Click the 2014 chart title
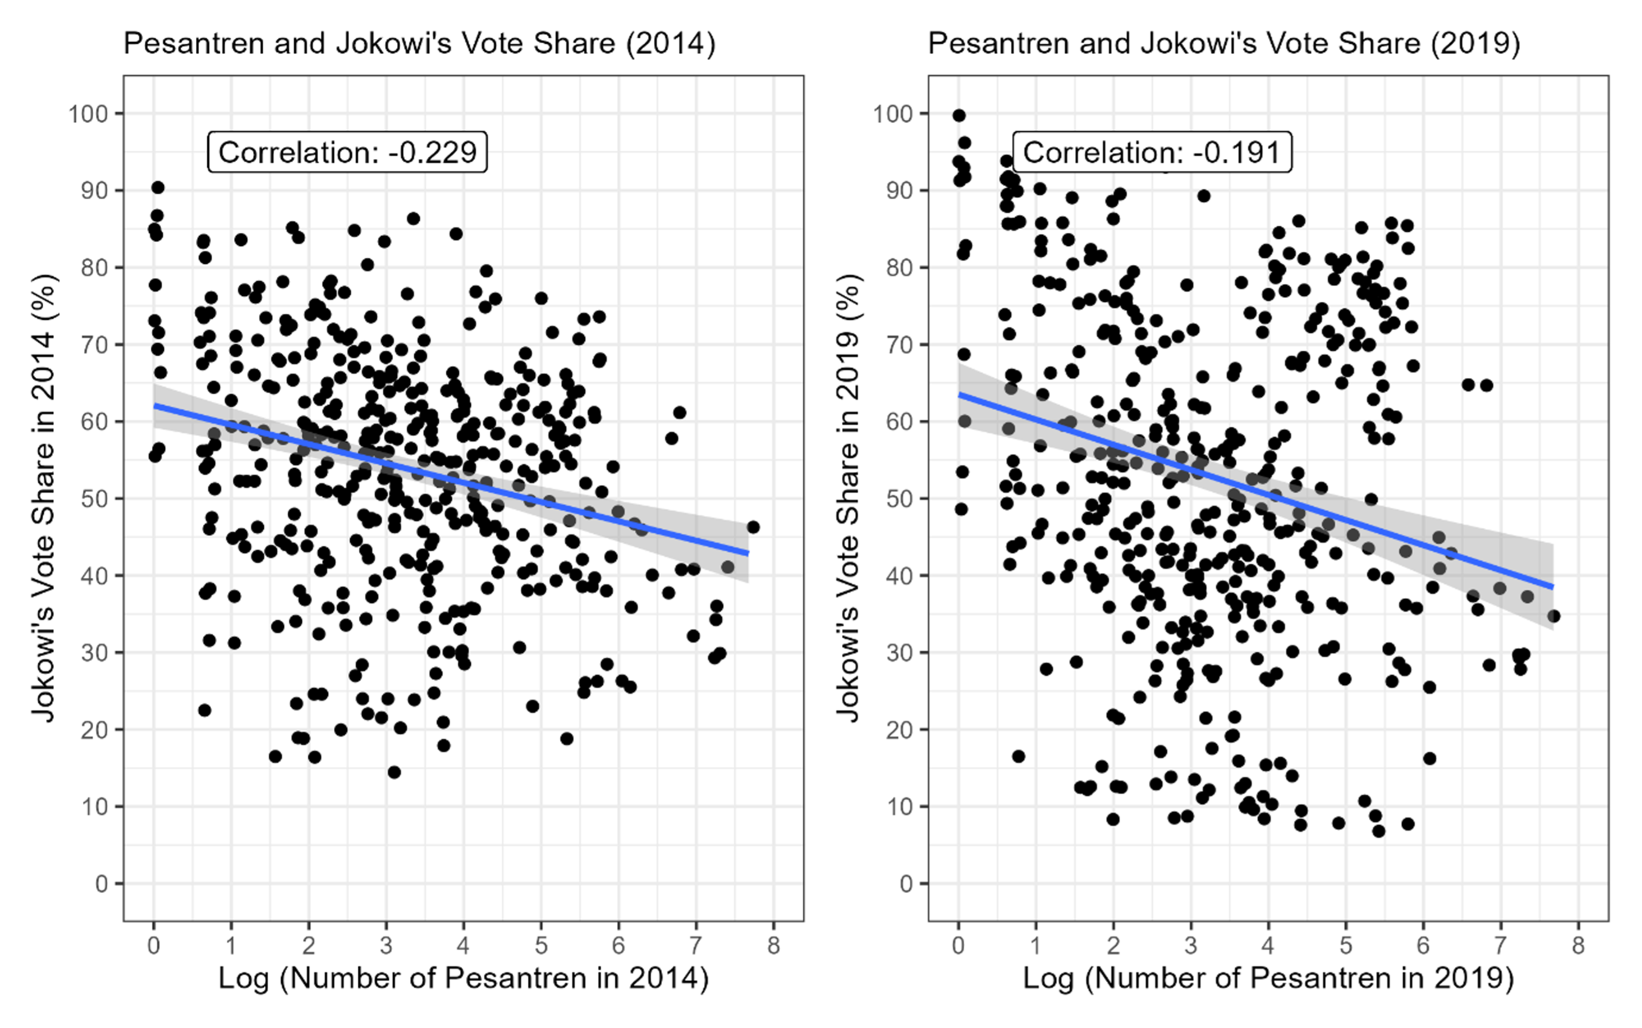pos(419,43)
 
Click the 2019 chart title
pos(1224,43)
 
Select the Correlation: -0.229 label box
pos(347,152)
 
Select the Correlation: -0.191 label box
pos(1152,152)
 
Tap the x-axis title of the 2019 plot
pos(1268,978)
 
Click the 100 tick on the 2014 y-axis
pos(89,114)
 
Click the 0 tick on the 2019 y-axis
pos(907,884)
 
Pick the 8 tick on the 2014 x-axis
pos(774,945)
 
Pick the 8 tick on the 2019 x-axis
pos(1578,945)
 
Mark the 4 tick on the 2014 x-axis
pos(464,945)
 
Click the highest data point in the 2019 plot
pos(959,116)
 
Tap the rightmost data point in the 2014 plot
pos(753,527)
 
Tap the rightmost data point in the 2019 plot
pos(1553,616)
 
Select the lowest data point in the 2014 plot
pos(394,772)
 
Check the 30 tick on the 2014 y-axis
pos(95,653)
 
